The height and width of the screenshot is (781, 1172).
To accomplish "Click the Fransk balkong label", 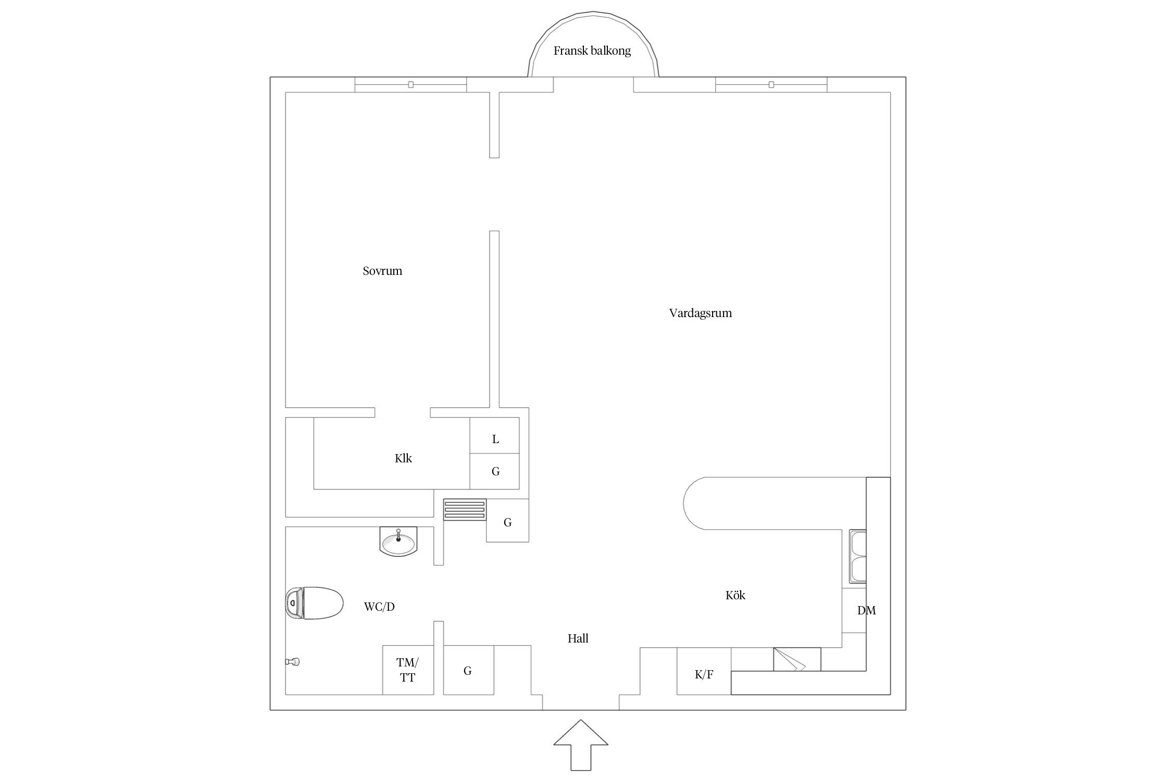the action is click(592, 51).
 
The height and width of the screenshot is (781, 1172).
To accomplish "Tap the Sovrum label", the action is click(382, 271).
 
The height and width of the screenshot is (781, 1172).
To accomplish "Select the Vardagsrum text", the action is click(700, 313).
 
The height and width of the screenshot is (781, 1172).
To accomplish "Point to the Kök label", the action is click(735, 595).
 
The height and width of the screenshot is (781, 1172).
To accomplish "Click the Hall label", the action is click(578, 638).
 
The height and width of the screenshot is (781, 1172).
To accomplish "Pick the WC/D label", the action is click(379, 607).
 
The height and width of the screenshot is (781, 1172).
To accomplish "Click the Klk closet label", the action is click(403, 458).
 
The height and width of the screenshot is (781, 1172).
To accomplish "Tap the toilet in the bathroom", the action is click(315, 603).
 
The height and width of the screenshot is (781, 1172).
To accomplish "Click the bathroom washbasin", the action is click(398, 540).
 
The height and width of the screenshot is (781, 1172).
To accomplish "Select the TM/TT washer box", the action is click(408, 670).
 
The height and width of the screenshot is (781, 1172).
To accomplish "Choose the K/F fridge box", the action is click(704, 671).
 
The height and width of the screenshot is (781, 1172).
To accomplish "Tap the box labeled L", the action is click(494, 435).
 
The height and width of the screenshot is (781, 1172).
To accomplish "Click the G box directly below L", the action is click(494, 471).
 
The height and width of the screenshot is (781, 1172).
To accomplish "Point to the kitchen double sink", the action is click(857, 557).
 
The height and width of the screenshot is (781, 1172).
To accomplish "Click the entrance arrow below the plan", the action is click(581, 752).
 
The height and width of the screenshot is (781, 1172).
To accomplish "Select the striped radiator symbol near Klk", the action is click(465, 510).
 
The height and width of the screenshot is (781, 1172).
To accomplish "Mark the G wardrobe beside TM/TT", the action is click(468, 670).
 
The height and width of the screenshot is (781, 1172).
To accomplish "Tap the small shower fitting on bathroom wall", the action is click(292, 662).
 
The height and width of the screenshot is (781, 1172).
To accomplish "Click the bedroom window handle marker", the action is click(410, 84).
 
